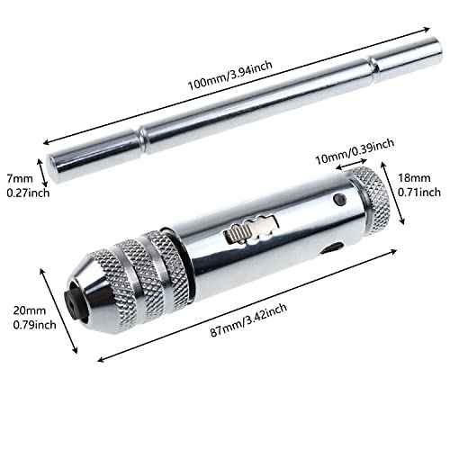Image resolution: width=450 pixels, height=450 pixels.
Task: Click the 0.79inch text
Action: tap(29, 326)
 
